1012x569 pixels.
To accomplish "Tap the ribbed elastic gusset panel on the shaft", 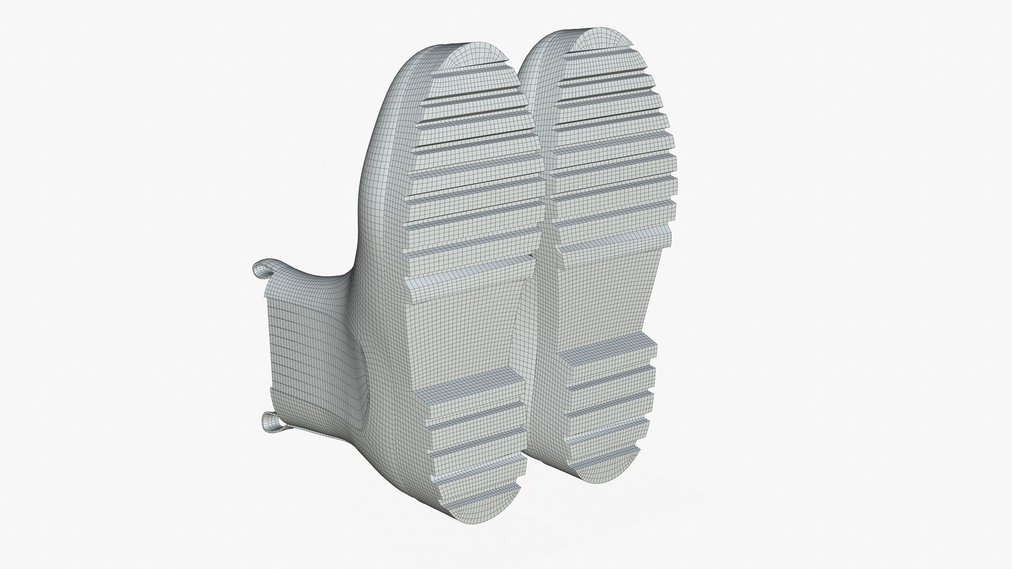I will [x=300, y=358].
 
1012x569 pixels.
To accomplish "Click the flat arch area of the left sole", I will [x=464, y=332].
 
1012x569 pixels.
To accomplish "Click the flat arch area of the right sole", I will [x=596, y=295].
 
